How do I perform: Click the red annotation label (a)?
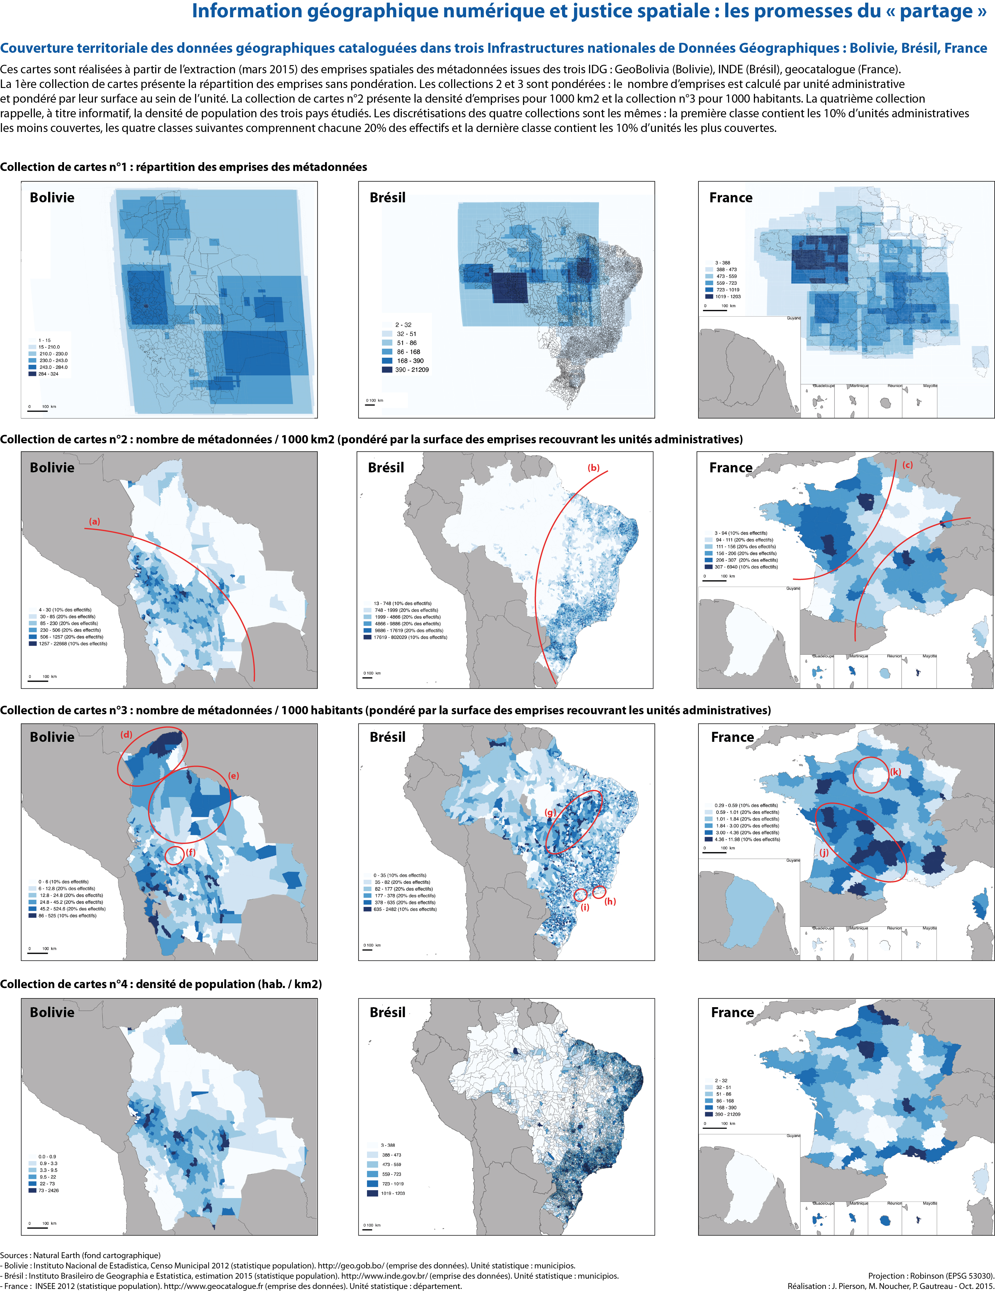pyautogui.click(x=94, y=521)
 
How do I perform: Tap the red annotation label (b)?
pyautogui.click(x=594, y=468)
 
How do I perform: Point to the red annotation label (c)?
pyautogui.click(x=908, y=465)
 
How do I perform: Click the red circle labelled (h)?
pyautogui.click(x=599, y=891)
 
